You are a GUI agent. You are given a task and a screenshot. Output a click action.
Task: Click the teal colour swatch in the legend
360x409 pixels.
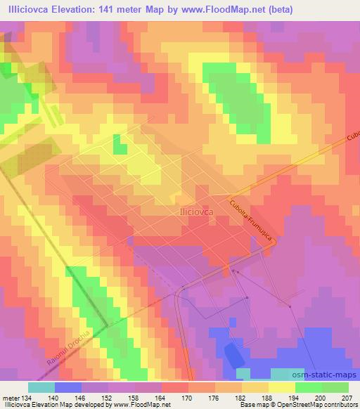(x=41, y=387)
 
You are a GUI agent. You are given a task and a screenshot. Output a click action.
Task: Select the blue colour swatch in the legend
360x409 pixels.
(x=68, y=387)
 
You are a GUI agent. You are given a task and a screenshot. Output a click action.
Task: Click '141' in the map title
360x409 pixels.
(x=115, y=9)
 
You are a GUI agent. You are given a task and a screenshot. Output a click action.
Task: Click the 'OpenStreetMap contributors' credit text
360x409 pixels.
(x=317, y=405)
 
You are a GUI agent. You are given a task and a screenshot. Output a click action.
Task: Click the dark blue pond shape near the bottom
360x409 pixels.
(x=231, y=353)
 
